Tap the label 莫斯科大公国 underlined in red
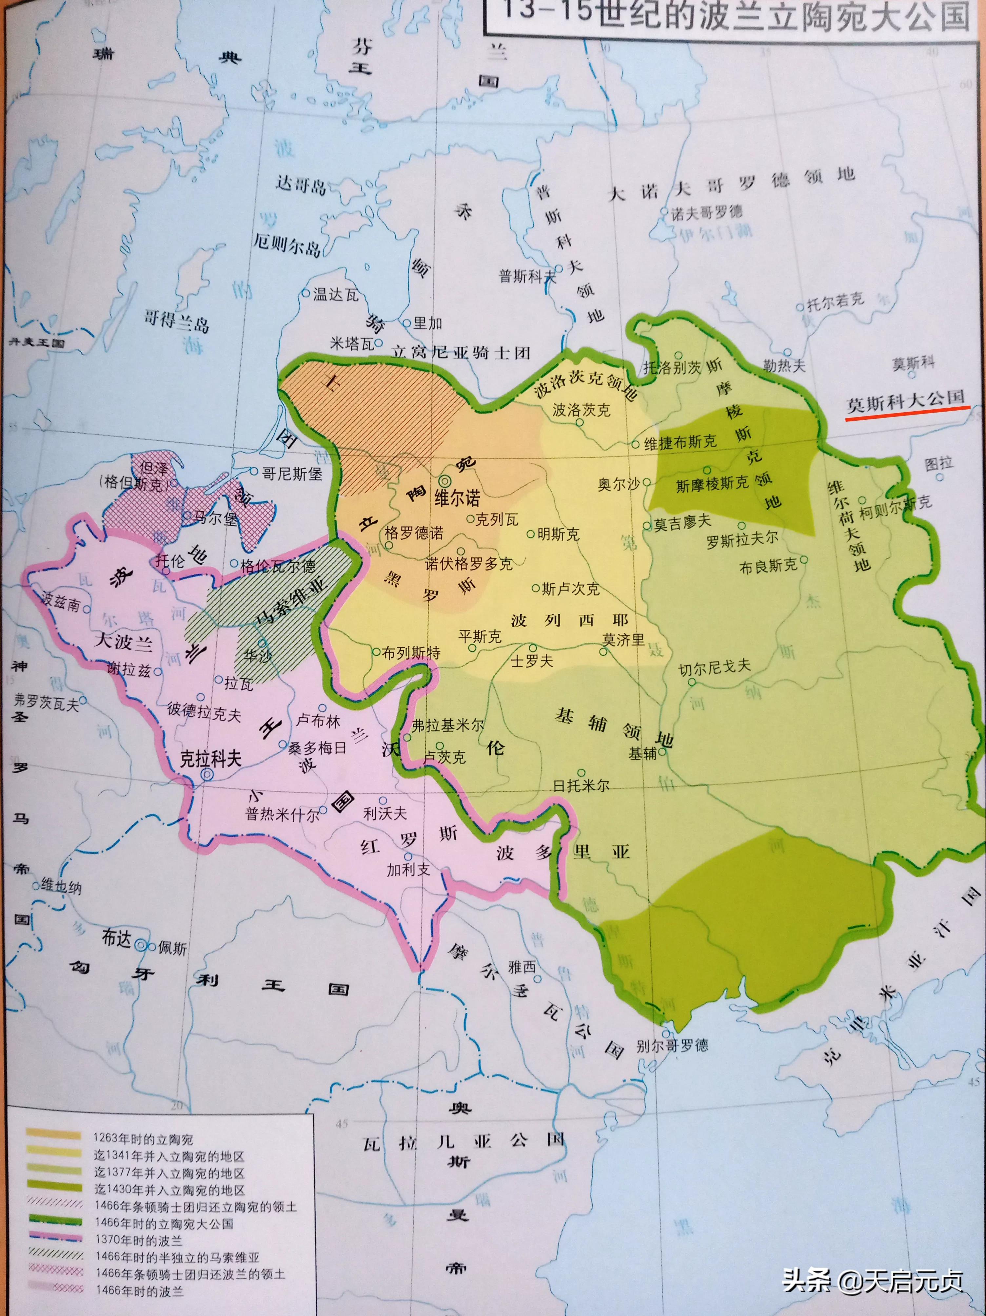point(905,401)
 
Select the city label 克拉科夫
point(211,759)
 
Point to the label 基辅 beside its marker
point(643,754)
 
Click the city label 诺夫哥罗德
point(706,213)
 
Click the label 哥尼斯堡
point(292,474)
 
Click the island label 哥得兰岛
point(176,322)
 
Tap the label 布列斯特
point(411,653)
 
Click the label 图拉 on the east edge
point(939,464)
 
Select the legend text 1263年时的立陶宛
point(143,1139)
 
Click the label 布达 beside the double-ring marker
point(116,938)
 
